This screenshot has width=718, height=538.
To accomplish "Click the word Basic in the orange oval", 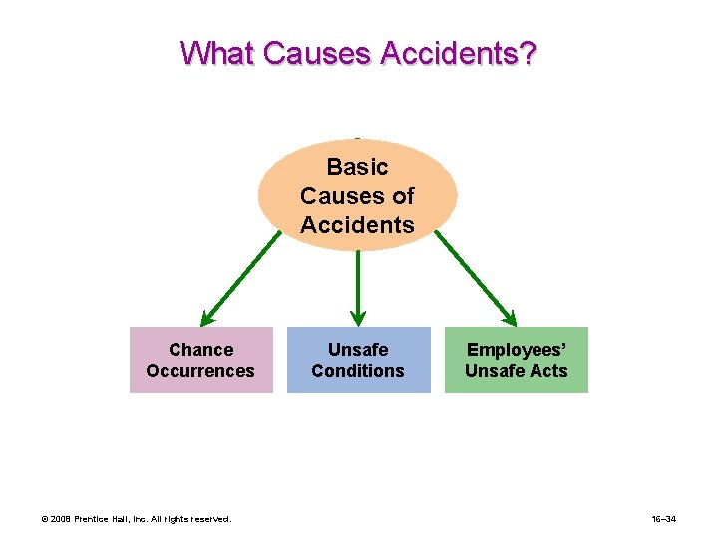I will tap(357, 167).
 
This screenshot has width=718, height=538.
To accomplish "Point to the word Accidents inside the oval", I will tap(357, 225).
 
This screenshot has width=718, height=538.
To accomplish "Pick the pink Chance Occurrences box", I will tap(200, 360).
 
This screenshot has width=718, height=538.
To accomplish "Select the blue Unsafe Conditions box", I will tap(358, 360).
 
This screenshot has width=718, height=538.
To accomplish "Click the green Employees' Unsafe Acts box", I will tap(516, 360).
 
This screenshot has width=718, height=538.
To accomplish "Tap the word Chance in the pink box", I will tap(200, 350).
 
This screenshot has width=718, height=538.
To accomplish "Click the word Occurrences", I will tap(200, 371).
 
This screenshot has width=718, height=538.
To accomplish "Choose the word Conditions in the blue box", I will tap(358, 371).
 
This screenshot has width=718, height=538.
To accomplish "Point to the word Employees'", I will tap(516, 350).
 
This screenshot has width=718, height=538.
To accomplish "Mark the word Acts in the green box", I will tap(549, 371).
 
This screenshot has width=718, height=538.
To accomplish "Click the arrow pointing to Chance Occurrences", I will tap(241, 278).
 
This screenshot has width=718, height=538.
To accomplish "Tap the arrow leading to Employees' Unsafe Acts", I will tap(476, 278).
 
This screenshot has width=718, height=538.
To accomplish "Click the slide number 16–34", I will tap(665, 519).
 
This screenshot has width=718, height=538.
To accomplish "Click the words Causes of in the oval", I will tap(357, 196).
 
